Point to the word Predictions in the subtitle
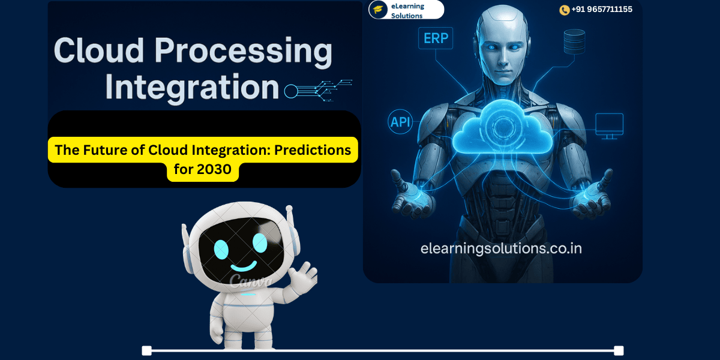(312, 150)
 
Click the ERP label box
(437, 38)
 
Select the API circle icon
(401, 122)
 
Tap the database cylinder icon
(574, 41)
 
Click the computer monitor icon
(609, 125)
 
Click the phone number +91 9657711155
(601, 10)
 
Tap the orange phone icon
(564, 10)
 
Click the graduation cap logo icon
(378, 10)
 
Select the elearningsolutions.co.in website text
(501, 248)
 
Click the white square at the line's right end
(619, 350)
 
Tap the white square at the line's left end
(146, 350)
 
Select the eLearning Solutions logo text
(407, 10)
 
